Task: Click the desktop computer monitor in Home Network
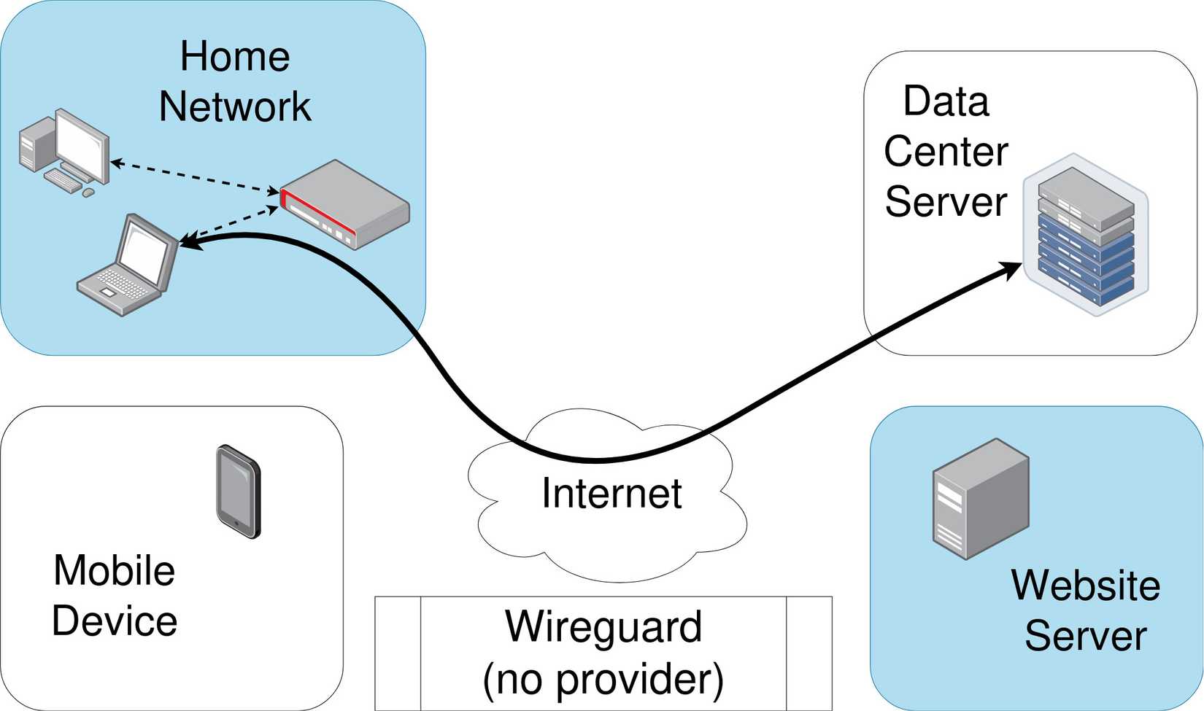coord(82,145)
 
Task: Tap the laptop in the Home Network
coord(128,265)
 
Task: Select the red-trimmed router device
coord(344,204)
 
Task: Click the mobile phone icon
coord(239,492)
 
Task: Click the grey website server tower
coord(981,499)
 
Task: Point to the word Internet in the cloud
coord(611,493)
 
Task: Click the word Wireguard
coord(603,626)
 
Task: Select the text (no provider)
coord(603,680)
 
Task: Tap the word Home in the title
coord(235,56)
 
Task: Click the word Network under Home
coord(235,106)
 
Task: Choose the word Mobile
coord(115,570)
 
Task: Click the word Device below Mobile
coord(115,621)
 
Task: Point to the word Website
coord(1086,585)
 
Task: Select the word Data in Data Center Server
coord(946,101)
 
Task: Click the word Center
coord(946,152)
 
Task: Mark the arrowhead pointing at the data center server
coord(1009,270)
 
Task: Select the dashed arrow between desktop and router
coord(195,176)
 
